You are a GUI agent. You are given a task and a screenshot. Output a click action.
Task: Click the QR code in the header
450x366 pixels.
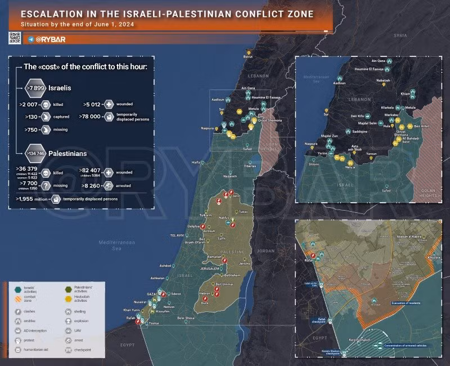click(15, 38)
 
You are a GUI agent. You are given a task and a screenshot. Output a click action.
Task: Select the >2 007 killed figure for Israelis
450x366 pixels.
click(29, 105)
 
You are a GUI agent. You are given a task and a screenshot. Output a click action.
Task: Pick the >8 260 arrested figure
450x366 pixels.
click(92, 184)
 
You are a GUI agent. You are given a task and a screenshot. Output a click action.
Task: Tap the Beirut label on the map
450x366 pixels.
click(248, 56)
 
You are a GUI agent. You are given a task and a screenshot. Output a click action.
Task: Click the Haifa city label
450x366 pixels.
click(196, 162)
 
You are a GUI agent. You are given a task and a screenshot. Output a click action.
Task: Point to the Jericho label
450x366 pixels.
click(245, 264)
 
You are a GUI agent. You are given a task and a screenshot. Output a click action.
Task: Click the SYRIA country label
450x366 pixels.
click(400, 35)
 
